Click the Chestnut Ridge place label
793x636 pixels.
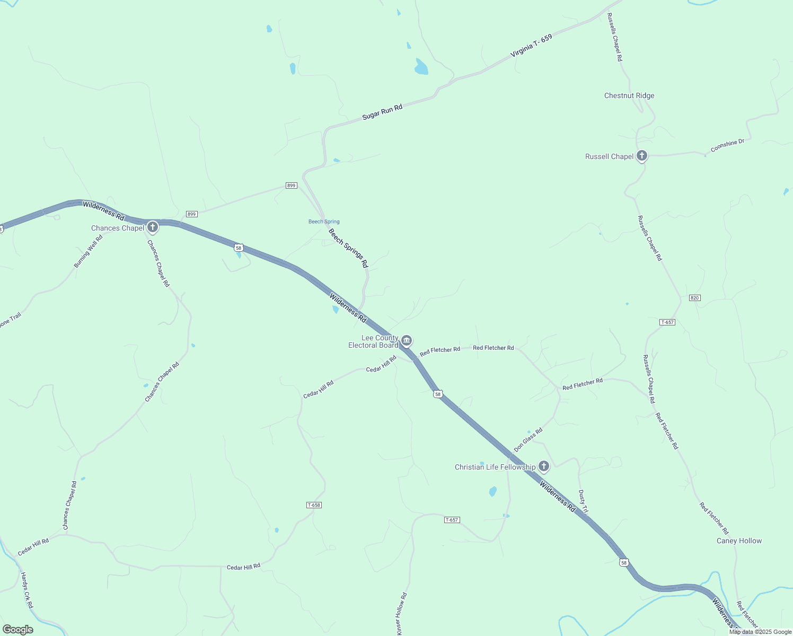tap(629, 96)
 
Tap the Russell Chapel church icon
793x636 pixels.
tap(642, 156)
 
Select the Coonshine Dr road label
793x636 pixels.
tap(727, 146)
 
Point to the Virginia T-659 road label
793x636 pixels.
tap(531, 46)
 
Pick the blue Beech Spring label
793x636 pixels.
tap(324, 222)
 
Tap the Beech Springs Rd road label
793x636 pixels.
tap(348, 248)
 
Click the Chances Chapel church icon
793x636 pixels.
tap(153, 228)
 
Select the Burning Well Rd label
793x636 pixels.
tap(88, 251)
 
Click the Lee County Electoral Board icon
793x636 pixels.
tap(407, 340)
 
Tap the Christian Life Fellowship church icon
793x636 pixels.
tap(543, 466)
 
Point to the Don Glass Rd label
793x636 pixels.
tap(528, 440)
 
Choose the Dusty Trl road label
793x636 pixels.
tap(583, 501)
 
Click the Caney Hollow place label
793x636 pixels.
tap(739, 541)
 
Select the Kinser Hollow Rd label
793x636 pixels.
tap(401, 613)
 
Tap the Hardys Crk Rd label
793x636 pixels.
tap(27, 590)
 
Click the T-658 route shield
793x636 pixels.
tap(314, 505)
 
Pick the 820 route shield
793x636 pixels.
tap(695, 298)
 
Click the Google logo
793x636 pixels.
tap(17, 630)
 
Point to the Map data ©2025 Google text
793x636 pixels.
tap(760, 632)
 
